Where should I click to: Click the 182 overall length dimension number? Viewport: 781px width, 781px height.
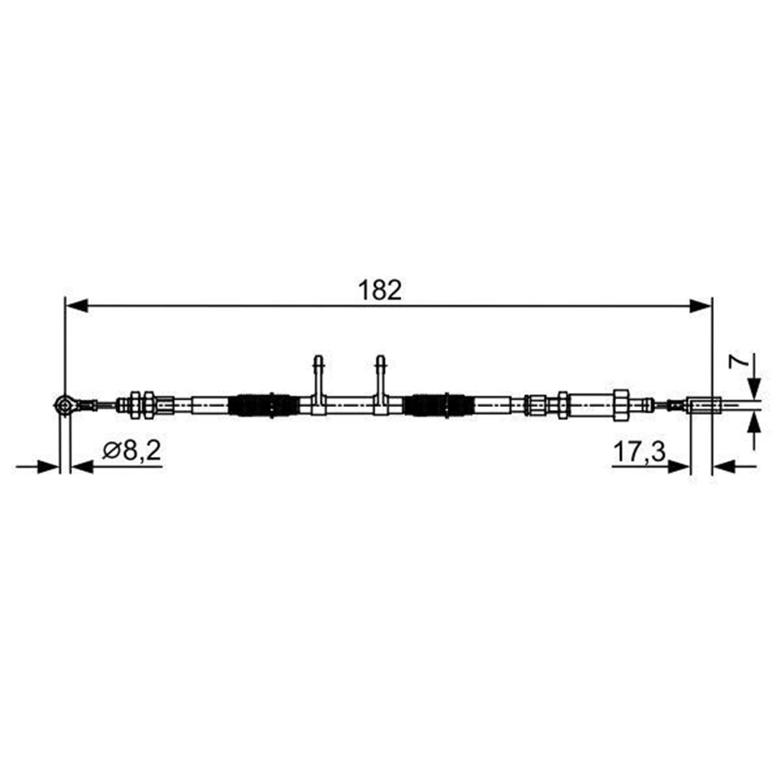380,290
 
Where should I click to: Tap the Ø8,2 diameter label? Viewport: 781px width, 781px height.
131,451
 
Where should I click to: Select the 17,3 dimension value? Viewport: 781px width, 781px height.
639,451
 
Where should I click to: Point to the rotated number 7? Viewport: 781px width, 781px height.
739,361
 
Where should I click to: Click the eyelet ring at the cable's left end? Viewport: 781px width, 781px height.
65,405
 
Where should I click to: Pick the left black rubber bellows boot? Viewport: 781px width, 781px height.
264,405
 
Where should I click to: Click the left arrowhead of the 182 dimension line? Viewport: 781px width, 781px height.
77,306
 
